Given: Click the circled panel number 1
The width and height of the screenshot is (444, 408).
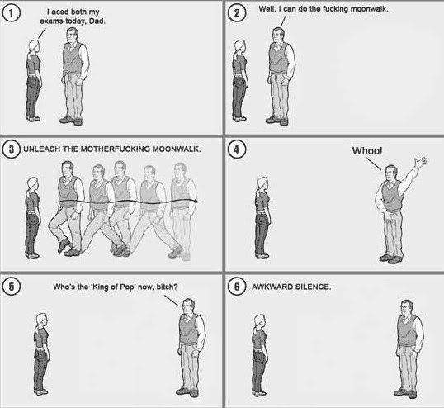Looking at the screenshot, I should coord(15,15).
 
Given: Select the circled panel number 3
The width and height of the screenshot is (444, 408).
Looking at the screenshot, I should coord(12,150).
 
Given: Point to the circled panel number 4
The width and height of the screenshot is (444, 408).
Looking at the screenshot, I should coord(239,150).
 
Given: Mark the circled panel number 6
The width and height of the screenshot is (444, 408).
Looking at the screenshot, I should coord(239,287).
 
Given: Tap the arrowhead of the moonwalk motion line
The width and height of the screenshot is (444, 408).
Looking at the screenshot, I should coord(196,201).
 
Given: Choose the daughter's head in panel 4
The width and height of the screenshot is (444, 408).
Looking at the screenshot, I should coord(262,183).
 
